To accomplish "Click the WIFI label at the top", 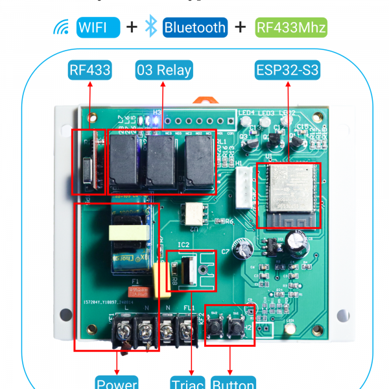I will pos(98,27).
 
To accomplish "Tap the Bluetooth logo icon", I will pos(151,27).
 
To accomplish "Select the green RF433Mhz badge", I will pos(291,27).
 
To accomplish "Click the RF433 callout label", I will pos(89,70).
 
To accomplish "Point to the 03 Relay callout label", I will pos(163,70).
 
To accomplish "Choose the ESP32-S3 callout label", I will pos(287,70).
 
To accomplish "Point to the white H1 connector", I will pos(244,187).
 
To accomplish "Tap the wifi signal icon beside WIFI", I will pos(62,28).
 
